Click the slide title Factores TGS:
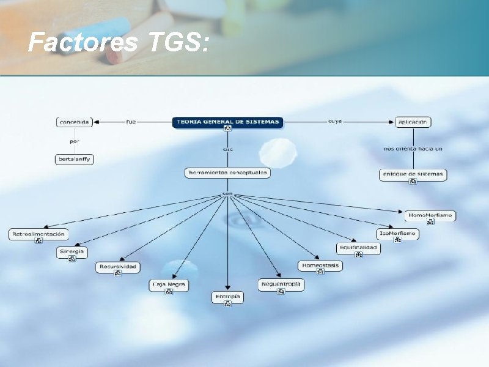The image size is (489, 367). click(x=120, y=42)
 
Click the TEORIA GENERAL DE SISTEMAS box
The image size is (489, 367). click(x=228, y=122)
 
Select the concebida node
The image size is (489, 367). click(x=74, y=122)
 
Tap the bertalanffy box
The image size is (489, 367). click(x=74, y=160)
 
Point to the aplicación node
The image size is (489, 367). click(x=413, y=122)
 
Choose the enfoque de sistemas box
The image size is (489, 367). click(x=413, y=174)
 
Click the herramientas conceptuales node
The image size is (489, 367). click(x=227, y=173)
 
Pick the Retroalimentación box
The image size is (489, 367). click(x=39, y=234)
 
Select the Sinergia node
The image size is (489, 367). click(x=72, y=251)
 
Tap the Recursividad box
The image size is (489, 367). click(x=118, y=267)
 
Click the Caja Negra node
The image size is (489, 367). click(x=169, y=284)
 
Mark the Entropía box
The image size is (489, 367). click(x=227, y=297)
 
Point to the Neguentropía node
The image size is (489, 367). click(x=281, y=284)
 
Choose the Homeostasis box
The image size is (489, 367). click(x=320, y=265)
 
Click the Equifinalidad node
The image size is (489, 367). click(x=358, y=248)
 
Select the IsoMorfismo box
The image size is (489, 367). click(x=398, y=233)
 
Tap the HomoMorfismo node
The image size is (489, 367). click(x=430, y=215)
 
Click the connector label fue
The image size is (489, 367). click(x=131, y=122)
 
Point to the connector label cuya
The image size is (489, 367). click(x=335, y=121)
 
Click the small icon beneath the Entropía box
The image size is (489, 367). click(x=228, y=304)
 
